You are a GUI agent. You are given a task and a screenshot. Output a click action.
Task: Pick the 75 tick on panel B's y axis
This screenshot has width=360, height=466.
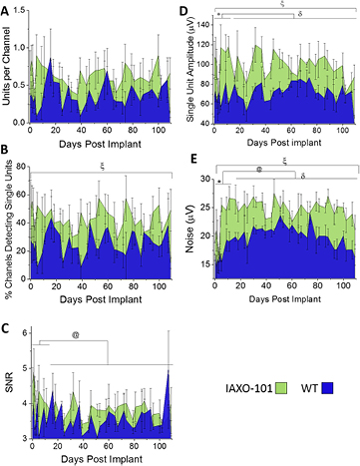pos(19,176)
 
